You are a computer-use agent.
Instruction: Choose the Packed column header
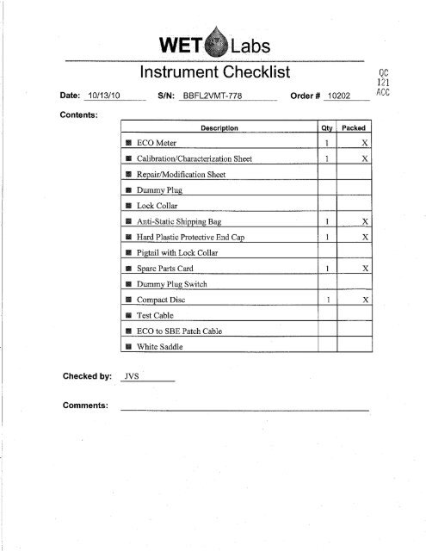(x=358, y=127)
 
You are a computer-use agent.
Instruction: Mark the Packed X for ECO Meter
(x=365, y=142)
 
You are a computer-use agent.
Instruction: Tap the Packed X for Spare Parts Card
(x=365, y=268)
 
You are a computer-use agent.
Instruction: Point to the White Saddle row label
(x=159, y=347)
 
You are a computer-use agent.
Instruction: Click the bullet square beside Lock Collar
(x=127, y=205)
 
